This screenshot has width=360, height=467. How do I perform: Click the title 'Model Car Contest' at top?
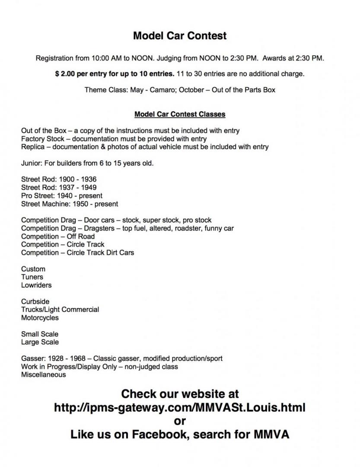click(180, 36)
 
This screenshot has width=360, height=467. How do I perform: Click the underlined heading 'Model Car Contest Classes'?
click(180, 115)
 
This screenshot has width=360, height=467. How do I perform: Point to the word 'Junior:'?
click(32, 163)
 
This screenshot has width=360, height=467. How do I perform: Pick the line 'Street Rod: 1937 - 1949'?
click(59, 188)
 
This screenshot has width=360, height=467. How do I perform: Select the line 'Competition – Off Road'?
click(58, 236)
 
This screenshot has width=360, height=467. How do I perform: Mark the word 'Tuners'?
click(32, 277)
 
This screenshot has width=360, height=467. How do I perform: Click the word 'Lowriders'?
click(36, 285)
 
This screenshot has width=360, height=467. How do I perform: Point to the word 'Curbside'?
click(35, 301)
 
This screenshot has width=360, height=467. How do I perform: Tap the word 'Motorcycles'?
click(40, 318)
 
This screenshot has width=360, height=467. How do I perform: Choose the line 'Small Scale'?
click(40, 334)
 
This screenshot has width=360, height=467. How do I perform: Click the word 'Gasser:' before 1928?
click(32, 358)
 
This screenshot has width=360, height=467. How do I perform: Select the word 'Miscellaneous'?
click(44, 375)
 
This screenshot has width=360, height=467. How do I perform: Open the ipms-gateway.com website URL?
click(180, 407)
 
